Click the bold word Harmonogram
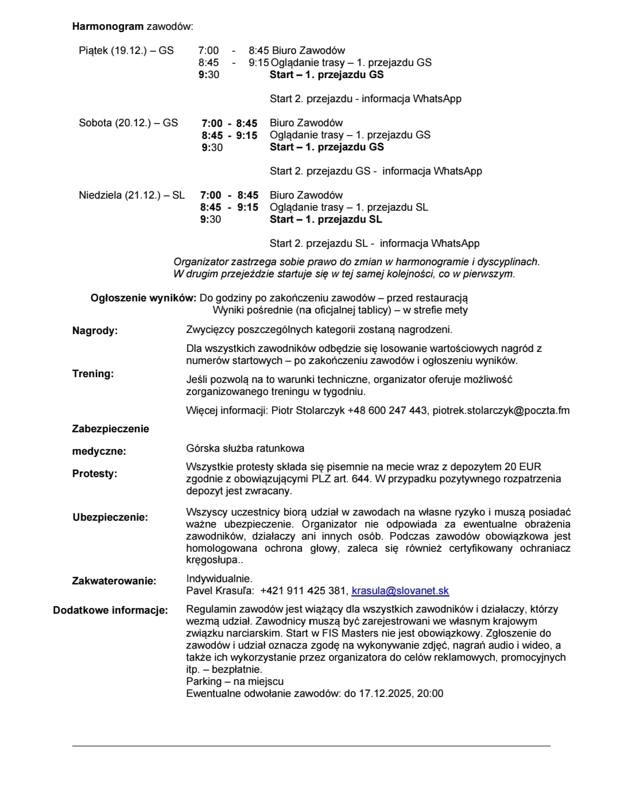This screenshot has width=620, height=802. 108,26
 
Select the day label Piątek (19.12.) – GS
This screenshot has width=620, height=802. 126,51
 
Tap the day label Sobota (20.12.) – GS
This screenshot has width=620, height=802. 129,123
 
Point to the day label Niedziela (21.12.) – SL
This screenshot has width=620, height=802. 132,195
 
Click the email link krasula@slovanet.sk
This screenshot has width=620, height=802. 400,591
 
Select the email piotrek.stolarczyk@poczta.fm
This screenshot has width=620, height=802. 501,410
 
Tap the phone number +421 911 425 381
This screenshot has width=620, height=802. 304,591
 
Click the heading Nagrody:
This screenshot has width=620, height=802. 95,331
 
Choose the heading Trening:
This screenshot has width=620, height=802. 93,374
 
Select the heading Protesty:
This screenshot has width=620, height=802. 95,474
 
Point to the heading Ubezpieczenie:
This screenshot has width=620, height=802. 110,517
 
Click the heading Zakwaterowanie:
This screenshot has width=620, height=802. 114,581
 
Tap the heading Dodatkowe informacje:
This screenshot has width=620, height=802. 111,610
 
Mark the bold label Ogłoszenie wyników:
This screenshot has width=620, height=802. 144,298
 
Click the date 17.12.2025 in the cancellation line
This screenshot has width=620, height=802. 385,693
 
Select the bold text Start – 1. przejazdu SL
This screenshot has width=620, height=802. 326,219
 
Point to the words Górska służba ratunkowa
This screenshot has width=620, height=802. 245,448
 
